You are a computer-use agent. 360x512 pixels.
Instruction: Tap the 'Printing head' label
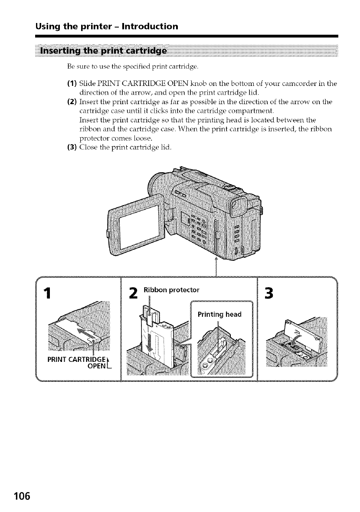click(219, 315)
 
